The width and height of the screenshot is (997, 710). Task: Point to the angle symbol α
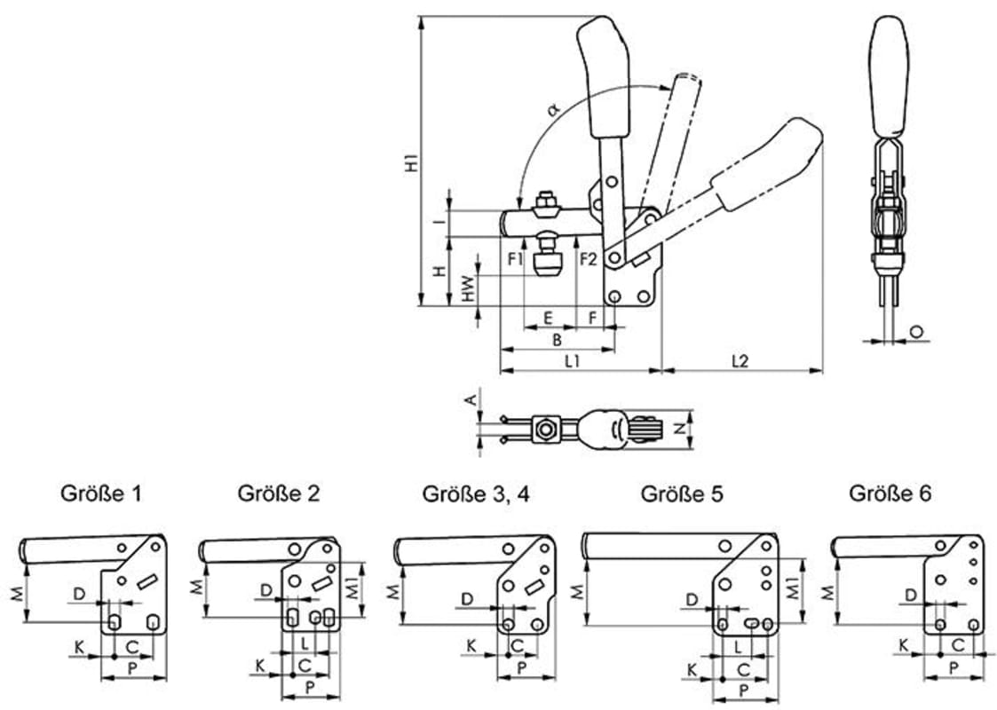point(553,110)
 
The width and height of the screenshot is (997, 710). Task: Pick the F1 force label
point(516,259)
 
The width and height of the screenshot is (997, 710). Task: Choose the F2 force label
point(588,259)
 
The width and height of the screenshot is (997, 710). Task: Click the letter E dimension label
point(548,317)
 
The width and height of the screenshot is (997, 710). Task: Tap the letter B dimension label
point(557,339)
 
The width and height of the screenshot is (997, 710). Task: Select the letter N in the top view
point(678,429)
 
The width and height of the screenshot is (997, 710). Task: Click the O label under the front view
point(917,331)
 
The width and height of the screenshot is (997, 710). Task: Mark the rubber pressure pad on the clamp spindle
point(547,264)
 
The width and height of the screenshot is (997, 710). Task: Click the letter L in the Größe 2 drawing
point(305,641)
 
